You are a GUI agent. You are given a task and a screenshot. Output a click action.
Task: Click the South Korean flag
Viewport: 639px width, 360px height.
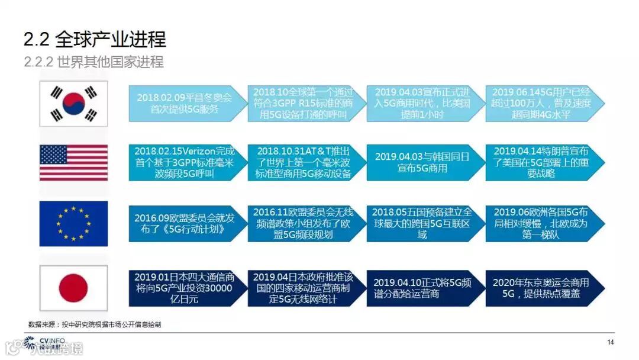[x=73, y=104]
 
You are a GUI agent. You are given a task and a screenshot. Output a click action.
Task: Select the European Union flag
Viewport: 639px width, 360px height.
[x=73, y=223]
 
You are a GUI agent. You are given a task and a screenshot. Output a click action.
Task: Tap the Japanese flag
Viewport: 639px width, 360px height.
[x=73, y=288]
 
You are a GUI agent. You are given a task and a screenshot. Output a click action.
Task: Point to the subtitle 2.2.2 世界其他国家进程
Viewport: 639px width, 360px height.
[x=93, y=62]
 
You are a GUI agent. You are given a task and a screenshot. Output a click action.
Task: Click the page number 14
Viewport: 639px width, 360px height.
[x=611, y=342]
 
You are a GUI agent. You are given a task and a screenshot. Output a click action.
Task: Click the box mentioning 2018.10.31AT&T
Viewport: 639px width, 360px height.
[x=303, y=162]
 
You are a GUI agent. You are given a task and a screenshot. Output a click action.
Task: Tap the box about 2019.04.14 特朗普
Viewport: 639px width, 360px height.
[x=541, y=162]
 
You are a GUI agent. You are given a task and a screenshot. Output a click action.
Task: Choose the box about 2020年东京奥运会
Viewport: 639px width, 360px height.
[x=541, y=288]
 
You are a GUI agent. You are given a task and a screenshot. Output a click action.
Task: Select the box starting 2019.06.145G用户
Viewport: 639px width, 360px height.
[x=541, y=103]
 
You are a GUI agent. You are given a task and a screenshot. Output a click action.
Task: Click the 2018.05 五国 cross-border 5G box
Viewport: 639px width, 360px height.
[x=421, y=223]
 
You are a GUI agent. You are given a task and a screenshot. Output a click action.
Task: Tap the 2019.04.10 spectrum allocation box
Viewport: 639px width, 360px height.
[x=421, y=288]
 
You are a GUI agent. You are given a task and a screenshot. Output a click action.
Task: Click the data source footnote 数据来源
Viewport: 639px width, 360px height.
[x=95, y=324]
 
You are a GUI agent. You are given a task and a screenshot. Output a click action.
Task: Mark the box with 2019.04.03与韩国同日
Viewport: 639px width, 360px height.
[x=421, y=162]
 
